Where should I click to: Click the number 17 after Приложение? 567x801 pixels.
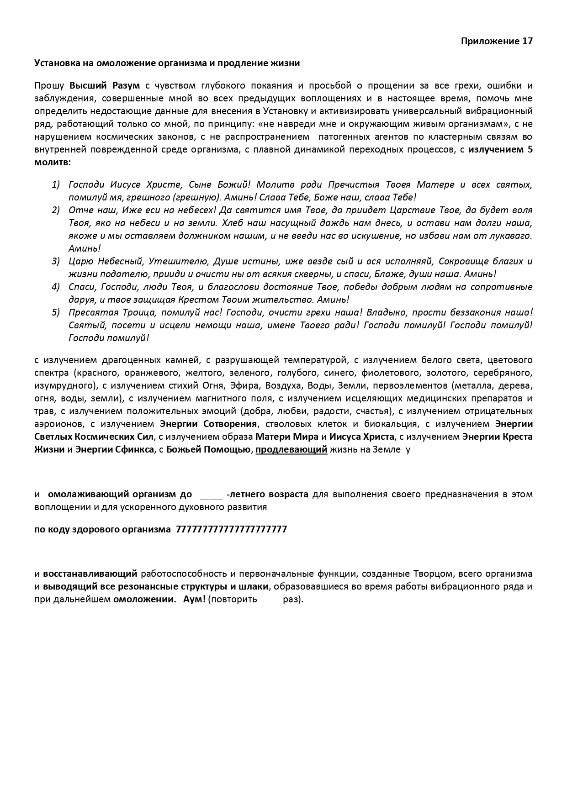[527, 41]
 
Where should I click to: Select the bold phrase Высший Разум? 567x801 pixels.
[105, 86]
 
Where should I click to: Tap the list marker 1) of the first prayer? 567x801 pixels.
[56, 184]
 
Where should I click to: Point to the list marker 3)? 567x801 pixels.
[56, 261]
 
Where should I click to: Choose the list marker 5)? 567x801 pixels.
[56, 312]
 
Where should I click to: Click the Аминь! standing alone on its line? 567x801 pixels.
[84, 248]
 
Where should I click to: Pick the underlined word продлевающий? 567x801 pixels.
[291, 449]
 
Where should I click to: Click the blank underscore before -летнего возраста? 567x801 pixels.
[211, 495]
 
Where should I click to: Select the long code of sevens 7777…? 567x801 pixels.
[231, 529]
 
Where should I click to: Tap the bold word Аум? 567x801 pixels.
[195, 599]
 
